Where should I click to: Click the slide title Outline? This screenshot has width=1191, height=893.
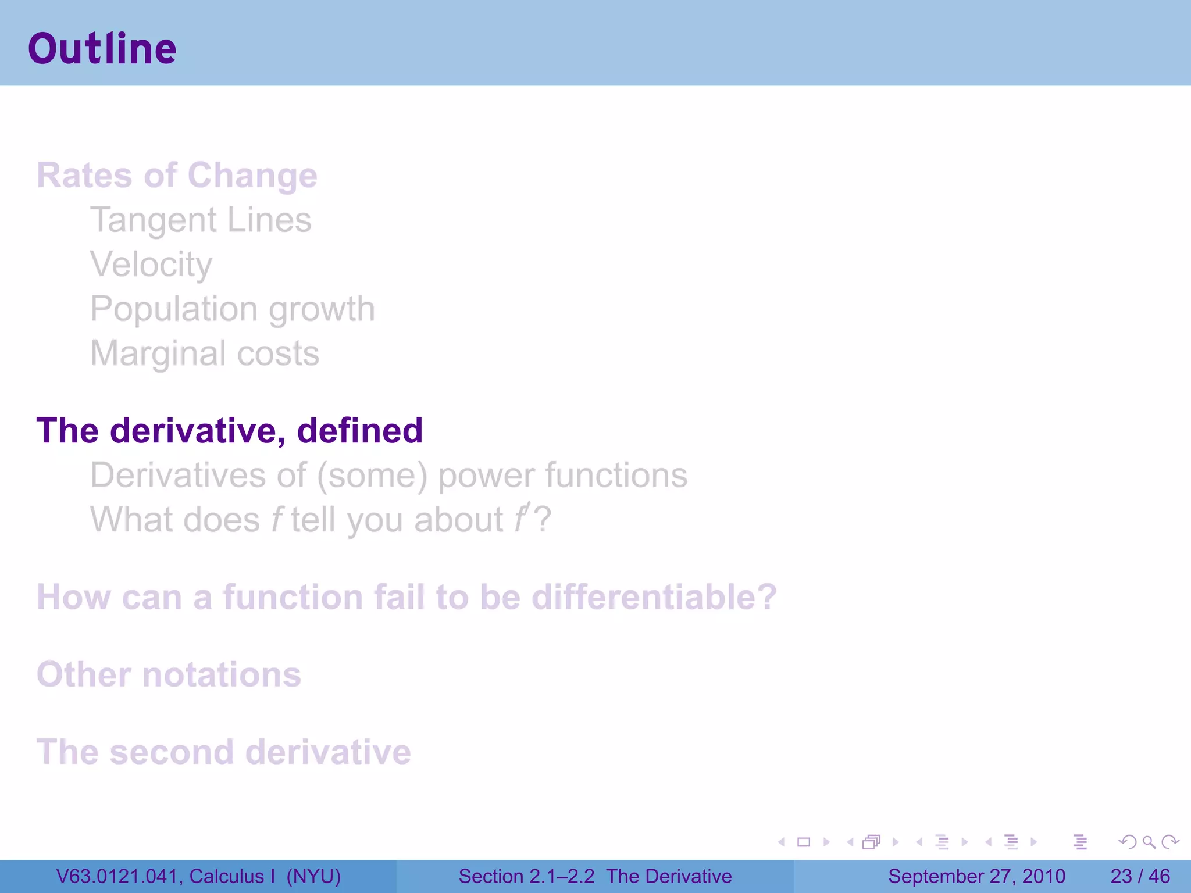coord(102,49)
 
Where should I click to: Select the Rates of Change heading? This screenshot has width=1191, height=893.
coord(177,175)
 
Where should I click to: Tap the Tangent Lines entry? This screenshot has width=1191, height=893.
coord(201,220)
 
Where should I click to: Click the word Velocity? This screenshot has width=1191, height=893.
coord(151,265)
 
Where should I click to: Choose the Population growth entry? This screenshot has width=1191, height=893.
coord(232,309)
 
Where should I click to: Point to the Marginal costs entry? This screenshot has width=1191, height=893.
coord(205,353)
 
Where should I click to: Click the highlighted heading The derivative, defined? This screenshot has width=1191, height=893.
coord(229,431)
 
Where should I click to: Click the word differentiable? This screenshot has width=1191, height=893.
coord(654,597)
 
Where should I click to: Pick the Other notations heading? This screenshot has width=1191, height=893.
coord(169,674)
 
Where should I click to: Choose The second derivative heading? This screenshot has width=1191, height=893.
coord(223,752)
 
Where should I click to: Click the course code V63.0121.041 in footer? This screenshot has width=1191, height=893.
coord(119,876)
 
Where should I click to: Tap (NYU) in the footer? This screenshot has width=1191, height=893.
coord(313,876)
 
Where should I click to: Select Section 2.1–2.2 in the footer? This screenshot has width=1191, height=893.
coord(526,876)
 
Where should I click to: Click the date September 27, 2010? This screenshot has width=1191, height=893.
coord(976,876)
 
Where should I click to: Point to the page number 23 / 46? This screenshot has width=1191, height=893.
coord(1140,876)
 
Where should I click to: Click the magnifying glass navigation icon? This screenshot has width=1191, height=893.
coord(1149,842)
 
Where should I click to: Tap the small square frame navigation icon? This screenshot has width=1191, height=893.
coord(804,842)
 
